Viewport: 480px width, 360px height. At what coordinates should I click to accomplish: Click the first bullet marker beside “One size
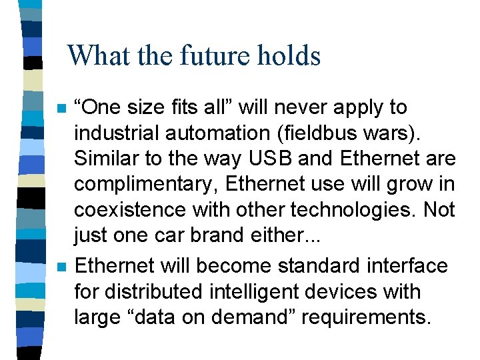point(62,109)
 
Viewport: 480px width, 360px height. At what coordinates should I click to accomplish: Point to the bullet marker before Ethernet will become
point(62,267)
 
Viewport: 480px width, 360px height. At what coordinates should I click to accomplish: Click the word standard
point(307,265)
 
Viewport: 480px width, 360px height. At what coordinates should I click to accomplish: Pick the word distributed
point(155,291)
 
